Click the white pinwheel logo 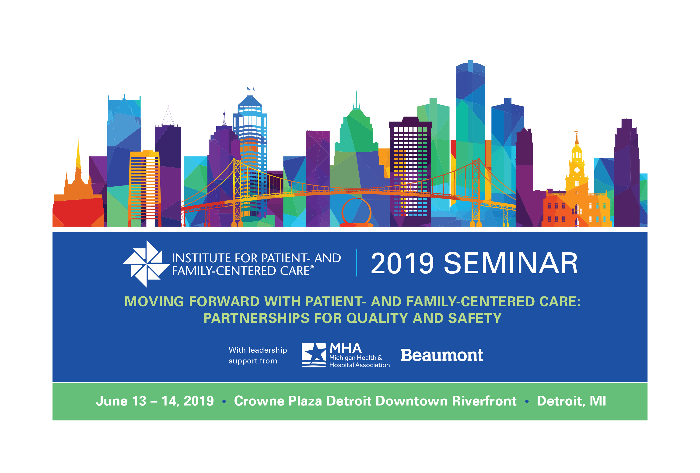[146, 264]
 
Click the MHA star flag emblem [314, 355]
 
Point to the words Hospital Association [359, 365]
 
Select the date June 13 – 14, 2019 [155, 401]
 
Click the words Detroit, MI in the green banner [571, 401]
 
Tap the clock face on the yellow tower [577, 170]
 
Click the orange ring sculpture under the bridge [356, 213]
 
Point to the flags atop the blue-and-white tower [251, 89]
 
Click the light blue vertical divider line [357, 263]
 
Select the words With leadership [258, 350]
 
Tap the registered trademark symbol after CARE [312, 267]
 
